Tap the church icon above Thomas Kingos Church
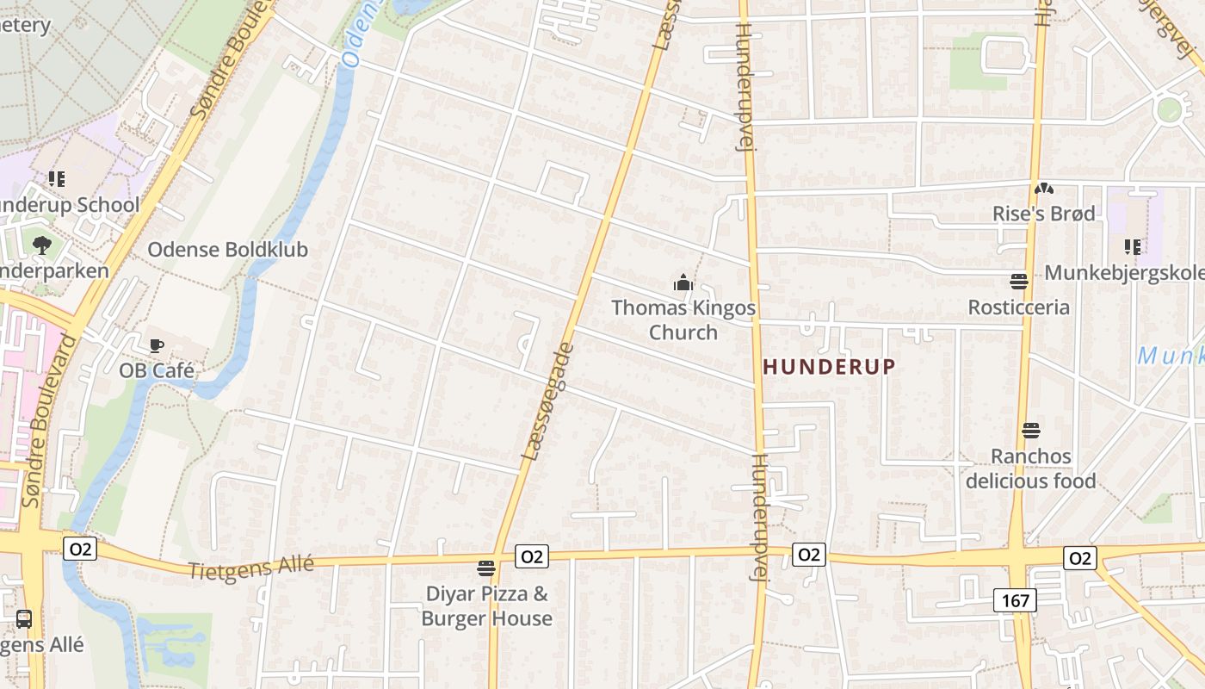[x=683, y=282]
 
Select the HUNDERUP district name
[x=829, y=366]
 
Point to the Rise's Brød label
[x=1043, y=214]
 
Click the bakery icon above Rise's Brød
[x=1043, y=188]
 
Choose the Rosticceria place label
[x=1019, y=307]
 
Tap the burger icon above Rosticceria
[x=1019, y=281]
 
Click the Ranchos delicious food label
[x=1030, y=469]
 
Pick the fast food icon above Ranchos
[x=1031, y=430]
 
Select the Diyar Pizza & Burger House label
[x=486, y=605]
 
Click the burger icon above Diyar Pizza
[x=486, y=568]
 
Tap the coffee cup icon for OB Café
[x=156, y=345]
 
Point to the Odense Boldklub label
[x=227, y=250]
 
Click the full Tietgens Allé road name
[x=250, y=568]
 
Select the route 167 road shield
[x=1016, y=600]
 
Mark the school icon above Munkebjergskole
[x=1132, y=247]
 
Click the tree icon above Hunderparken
[x=41, y=245]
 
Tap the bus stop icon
[x=24, y=618]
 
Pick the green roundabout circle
[x=1169, y=110]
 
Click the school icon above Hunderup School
[x=57, y=179]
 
